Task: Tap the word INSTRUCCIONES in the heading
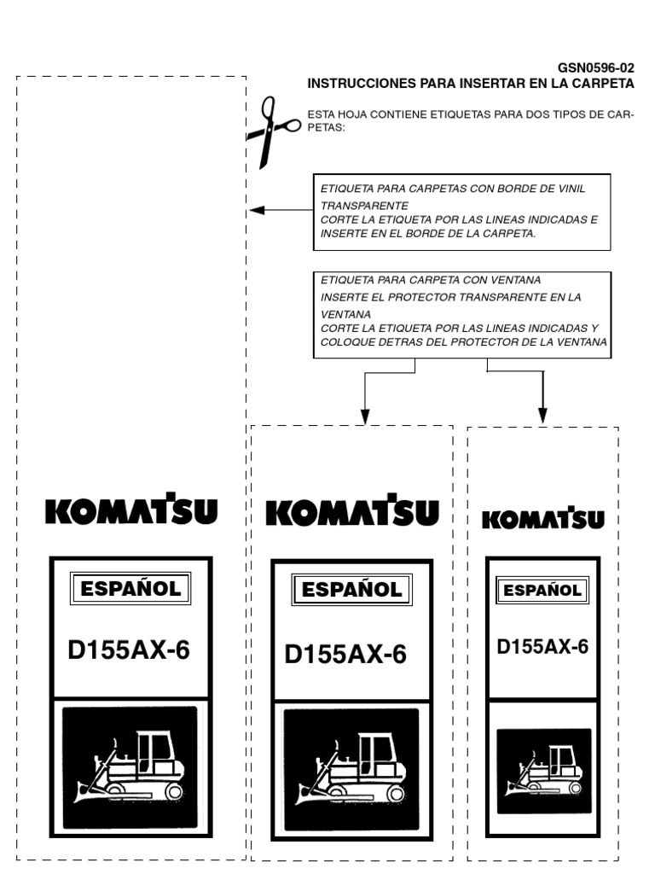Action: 354,84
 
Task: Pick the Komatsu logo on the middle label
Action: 352,512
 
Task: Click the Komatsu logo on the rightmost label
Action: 543,518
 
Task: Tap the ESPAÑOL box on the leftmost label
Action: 130,588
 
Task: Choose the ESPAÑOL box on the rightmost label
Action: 542,590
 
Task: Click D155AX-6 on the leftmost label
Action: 129,650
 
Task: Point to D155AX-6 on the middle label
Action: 345,655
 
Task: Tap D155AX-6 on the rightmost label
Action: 542,646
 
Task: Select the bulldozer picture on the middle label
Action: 351,769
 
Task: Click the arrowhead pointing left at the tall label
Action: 255,210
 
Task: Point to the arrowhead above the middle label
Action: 365,416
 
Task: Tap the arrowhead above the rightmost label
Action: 543,415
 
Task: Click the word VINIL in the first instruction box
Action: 569,189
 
